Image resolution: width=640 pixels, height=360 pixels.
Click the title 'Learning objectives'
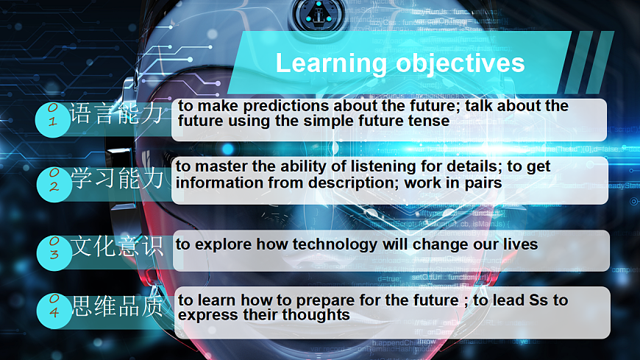[400, 63]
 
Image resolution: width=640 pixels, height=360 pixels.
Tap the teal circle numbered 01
[53, 120]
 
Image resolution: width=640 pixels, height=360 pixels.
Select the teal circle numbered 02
[54, 184]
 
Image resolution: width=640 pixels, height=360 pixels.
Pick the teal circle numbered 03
[54, 253]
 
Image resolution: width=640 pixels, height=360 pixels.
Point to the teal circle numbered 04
[54, 311]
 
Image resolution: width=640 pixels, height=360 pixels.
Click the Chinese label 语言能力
[116, 113]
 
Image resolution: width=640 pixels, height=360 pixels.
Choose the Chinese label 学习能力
[117, 179]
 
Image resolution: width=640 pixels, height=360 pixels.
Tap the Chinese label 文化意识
[117, 246]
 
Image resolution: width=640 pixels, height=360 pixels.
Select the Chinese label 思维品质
[118, 306]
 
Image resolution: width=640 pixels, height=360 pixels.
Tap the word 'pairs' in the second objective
[483, 183]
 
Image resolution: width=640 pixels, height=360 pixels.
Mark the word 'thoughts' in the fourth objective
[316, 314]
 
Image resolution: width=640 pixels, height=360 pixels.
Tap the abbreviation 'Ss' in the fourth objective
[538, 300]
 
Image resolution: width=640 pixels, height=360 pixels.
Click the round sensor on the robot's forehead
[319, 14]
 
